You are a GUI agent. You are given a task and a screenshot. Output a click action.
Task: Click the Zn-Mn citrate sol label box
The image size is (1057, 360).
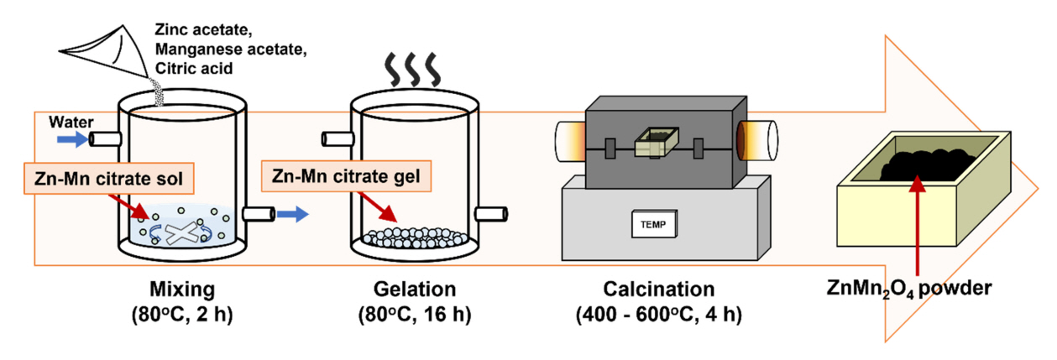coord(99,178)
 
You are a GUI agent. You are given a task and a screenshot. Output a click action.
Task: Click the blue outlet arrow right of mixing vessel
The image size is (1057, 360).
coord(293,215)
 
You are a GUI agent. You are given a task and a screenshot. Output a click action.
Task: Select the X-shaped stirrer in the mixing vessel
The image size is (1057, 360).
coord(186,231)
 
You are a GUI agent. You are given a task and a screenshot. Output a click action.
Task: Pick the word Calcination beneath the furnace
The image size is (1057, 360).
coord(659,290)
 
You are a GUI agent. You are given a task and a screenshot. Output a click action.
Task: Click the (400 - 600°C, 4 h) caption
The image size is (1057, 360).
coord(659,316)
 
